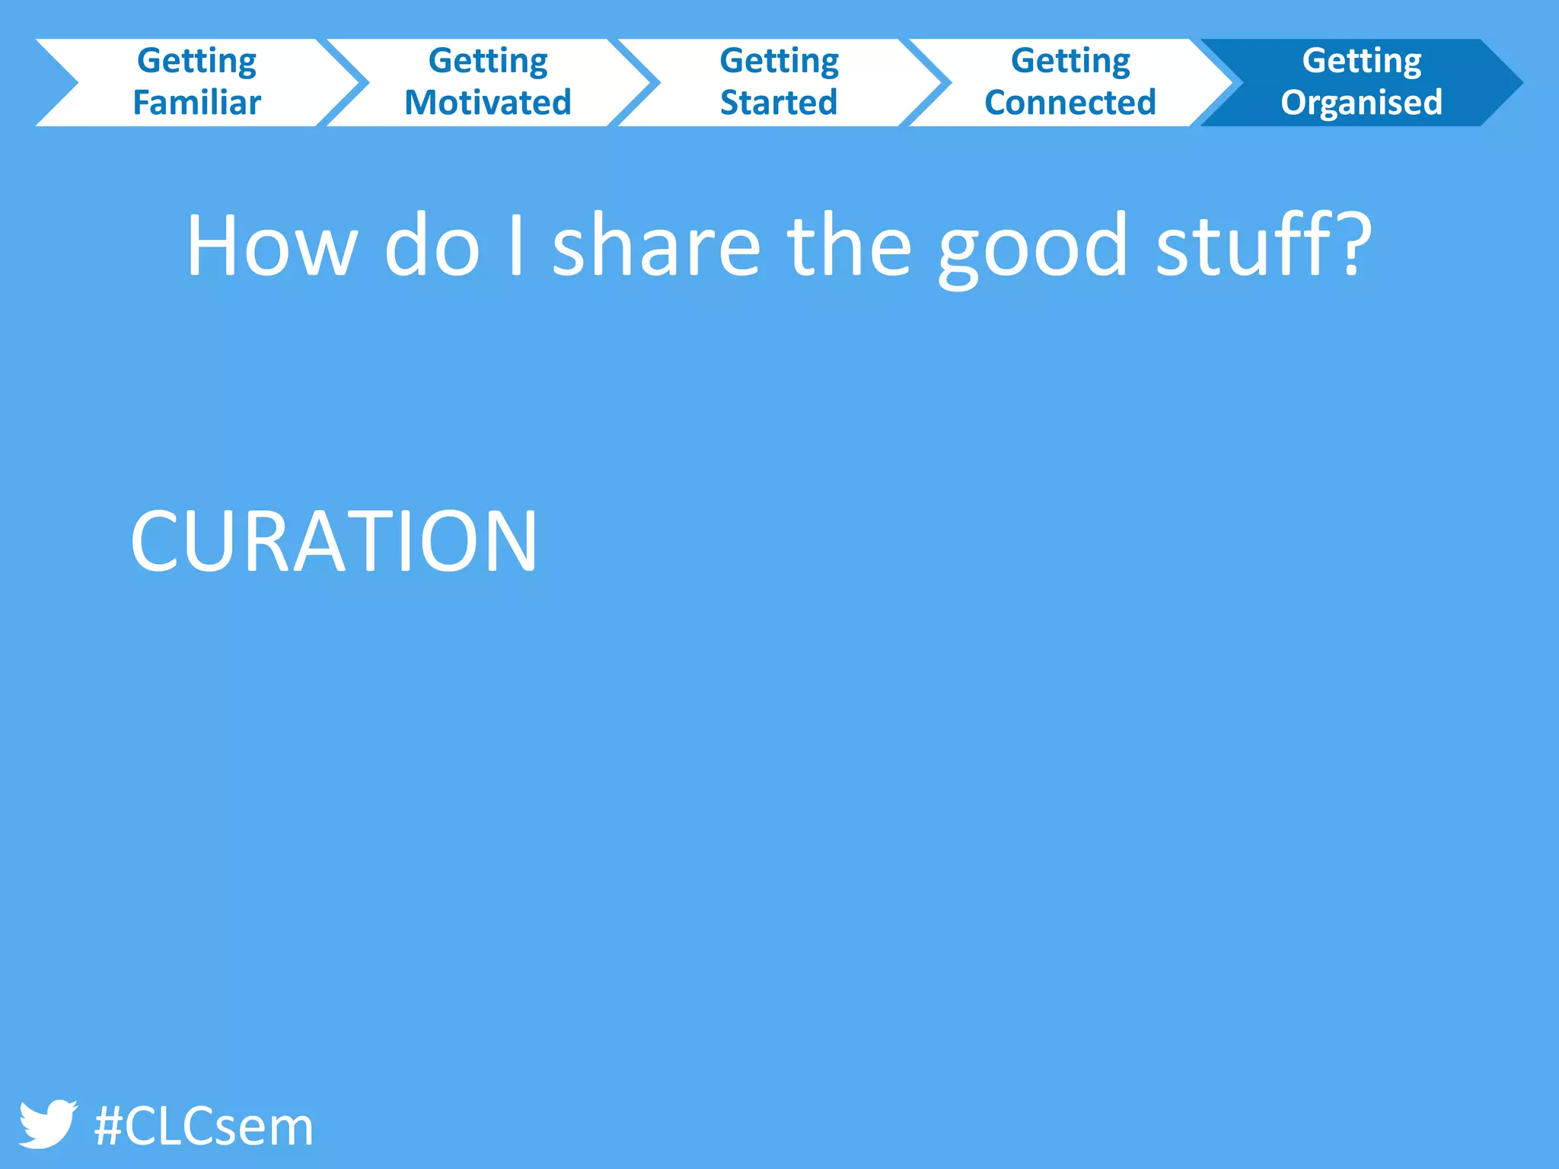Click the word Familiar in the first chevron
197,103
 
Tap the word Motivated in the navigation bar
488,103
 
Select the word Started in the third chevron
779,103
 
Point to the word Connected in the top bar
1070,103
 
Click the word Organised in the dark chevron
1361,103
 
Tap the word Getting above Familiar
197,61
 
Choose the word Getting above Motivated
488,61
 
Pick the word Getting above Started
779,61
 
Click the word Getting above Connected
1070,61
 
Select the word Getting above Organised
1361,61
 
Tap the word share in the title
656,246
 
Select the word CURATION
334,541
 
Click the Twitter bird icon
47,1123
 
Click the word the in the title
849,246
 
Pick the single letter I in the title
516,246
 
